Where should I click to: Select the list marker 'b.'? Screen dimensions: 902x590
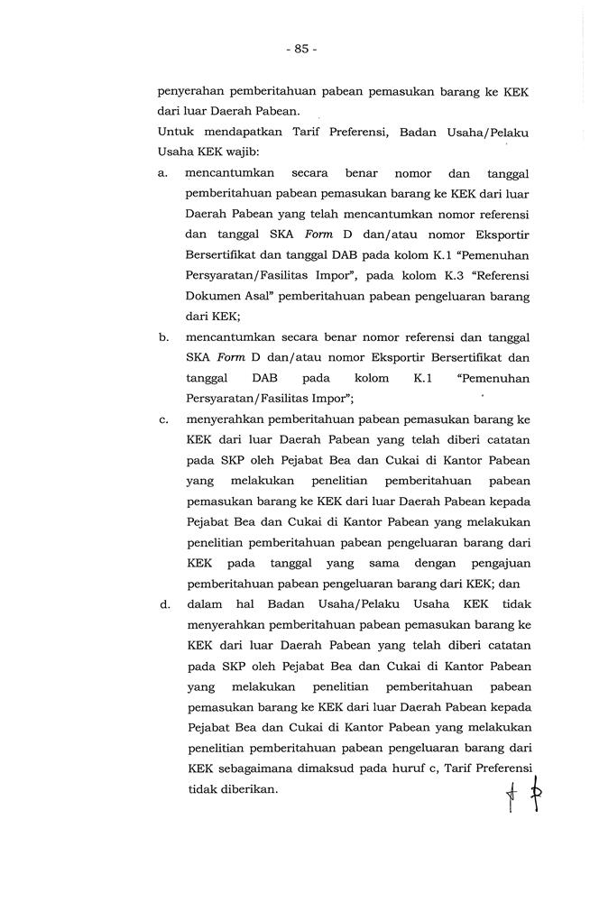click(x=164, y=336)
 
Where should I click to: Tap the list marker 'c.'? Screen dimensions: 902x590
click(x=164, y=419)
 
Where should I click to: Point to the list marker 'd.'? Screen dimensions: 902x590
click(x=164, y=603)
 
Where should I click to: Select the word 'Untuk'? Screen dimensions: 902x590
click(x=174, y=133)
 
